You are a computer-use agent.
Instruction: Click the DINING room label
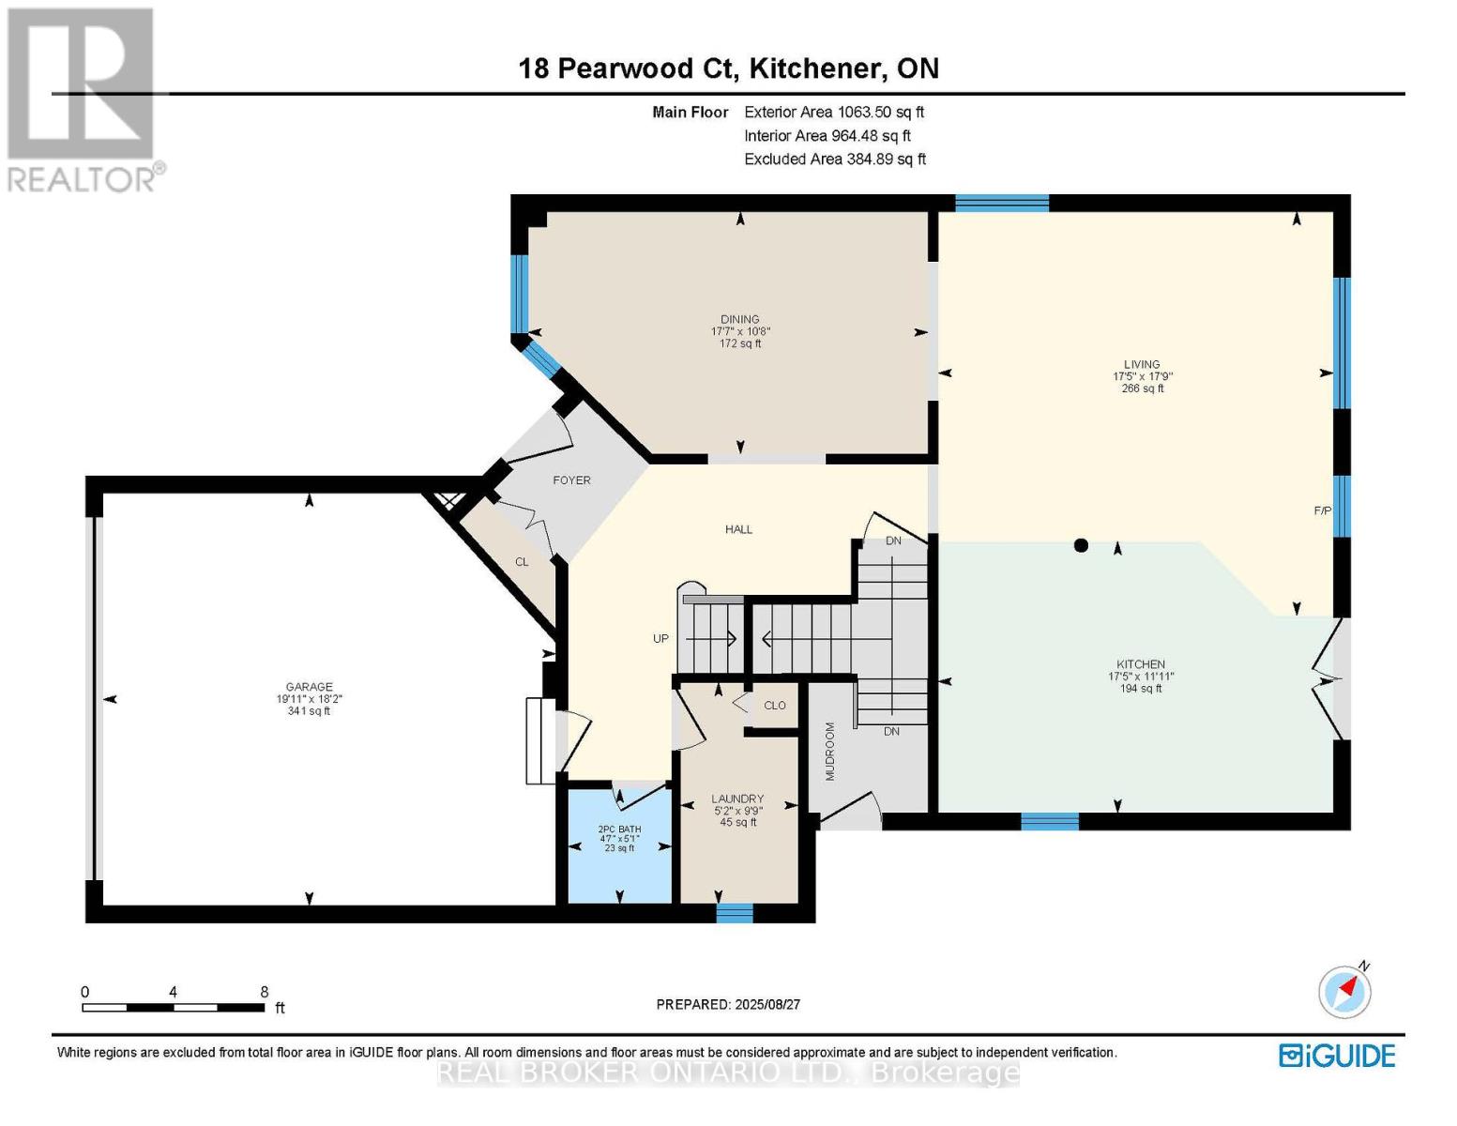pos(739,319)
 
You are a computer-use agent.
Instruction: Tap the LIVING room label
pos(1141,364)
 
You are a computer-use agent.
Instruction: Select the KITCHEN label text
pos(1140,664)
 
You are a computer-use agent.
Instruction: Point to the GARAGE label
pos(309,686)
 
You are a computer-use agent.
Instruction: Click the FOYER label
pos(571,480)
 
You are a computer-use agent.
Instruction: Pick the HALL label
pos(738,529)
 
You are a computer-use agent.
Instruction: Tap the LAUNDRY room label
pos(737,799)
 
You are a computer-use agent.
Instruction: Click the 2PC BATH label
pos(619,829)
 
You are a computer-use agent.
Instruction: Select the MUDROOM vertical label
pos(830,751)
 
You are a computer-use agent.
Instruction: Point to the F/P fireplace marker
pos(1322,511)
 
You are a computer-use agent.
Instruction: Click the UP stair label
pos(661,638)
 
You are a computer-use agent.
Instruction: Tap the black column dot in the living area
pos(1080,545)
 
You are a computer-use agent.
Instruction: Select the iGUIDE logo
pos(1338,1056)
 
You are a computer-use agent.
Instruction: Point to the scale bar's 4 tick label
pos(173,992)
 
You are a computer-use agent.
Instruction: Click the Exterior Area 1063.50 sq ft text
pos(834,112)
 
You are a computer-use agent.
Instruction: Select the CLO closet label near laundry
pos(774,706)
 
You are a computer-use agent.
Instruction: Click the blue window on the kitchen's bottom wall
pos(1050,822)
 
